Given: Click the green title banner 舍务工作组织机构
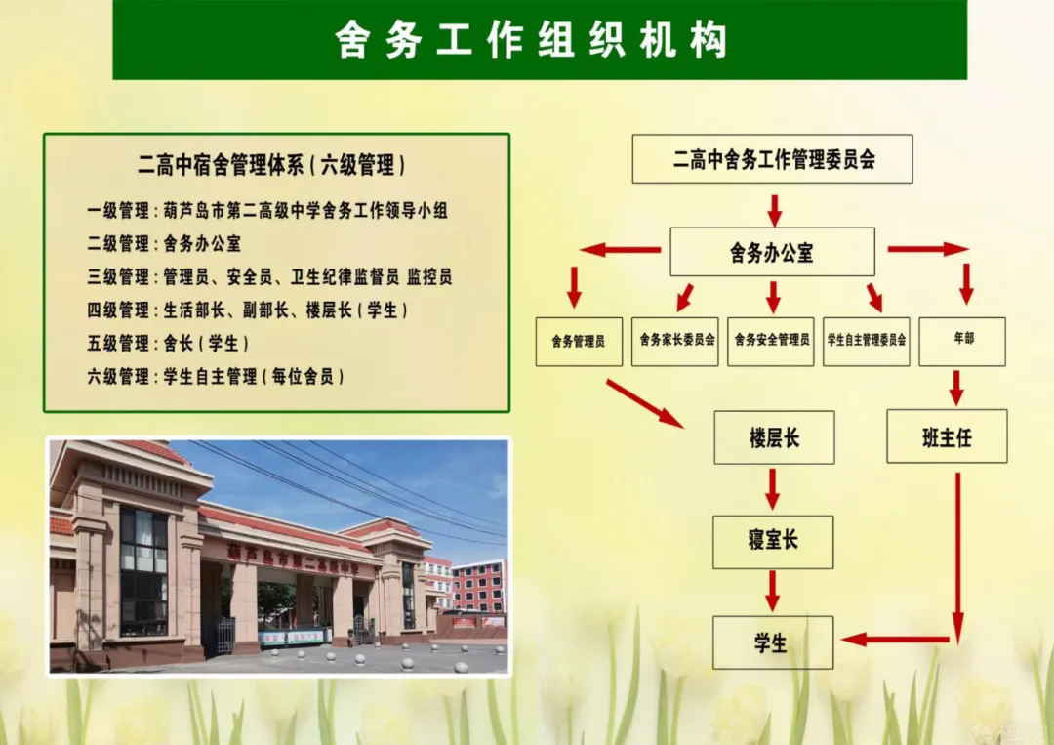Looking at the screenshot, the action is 540,40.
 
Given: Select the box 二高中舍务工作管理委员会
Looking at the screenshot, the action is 772,159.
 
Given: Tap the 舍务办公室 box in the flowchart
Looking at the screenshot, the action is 772,252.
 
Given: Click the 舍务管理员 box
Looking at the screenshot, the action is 579,342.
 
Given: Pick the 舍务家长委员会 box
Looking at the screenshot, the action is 675,342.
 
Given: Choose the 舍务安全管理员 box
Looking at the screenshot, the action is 771,342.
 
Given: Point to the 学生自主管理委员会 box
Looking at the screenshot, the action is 867,342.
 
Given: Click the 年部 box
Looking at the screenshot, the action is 962,342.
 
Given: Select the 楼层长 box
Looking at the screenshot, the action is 774,437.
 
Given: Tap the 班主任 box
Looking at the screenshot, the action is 947,436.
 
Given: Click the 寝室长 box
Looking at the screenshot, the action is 773,542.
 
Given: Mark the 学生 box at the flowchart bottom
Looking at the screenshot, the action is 773,642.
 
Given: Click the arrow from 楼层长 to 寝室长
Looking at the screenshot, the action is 772,489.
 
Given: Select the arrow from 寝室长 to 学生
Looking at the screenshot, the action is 772,591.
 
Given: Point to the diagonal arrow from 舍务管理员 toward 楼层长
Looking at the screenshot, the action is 645,403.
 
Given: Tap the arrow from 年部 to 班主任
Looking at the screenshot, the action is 956,388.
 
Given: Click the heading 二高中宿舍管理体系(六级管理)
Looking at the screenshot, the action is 271,165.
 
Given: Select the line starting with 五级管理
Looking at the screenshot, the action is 168,343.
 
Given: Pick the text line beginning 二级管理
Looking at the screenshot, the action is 164,243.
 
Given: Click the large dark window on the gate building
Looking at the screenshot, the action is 143,571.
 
